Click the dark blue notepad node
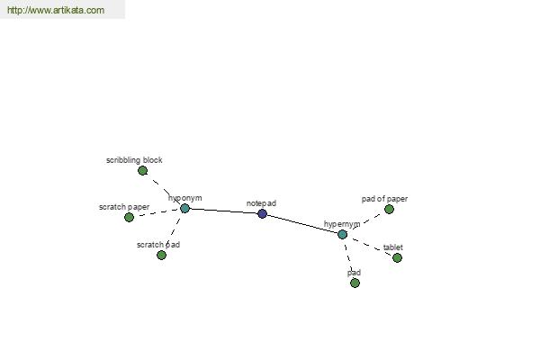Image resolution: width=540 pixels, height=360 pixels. tap(262, 214)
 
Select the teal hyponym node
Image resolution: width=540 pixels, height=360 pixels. tap(184, 208)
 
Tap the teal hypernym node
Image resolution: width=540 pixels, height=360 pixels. tap(342, 234)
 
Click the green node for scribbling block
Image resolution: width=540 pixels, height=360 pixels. tap(142, 170)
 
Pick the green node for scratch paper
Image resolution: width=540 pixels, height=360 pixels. tap(129, 217)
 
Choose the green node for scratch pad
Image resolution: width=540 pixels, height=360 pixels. tap(161, 255)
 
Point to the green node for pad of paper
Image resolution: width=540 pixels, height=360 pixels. tap(389, 209)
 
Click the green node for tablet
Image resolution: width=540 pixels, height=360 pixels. tap(397, 257)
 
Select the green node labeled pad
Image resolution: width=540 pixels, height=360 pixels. tap(355, 283)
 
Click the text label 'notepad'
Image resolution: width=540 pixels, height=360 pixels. tap(261, 203)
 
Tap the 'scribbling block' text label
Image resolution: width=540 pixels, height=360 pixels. tap(134, 160)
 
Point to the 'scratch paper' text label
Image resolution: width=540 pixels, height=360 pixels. tap(124, 207)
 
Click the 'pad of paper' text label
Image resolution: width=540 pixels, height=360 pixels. tap(384, 199)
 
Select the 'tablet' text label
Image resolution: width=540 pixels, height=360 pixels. tap(393, 247)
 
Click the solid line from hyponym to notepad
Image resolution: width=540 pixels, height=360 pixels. tap(223, 211)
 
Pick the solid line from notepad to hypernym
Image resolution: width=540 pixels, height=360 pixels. tap(301, 224)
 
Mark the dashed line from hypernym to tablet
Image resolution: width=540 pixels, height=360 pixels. tap(370, 246)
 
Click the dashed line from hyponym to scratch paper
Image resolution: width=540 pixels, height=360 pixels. tap(157, 212)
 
